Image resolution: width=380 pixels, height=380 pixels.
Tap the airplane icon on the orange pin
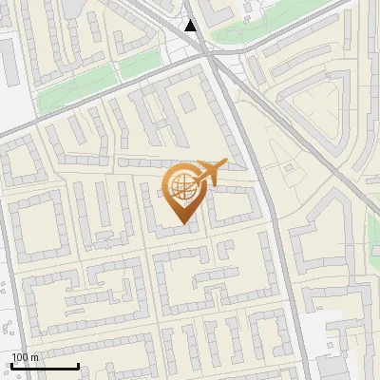(210, 171)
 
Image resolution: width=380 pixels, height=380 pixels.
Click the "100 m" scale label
(25, 357)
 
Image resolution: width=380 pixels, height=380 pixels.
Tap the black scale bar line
(44, 367)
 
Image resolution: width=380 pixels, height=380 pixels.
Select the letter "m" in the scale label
(34, 357)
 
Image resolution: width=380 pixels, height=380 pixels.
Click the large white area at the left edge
(14, 85)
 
